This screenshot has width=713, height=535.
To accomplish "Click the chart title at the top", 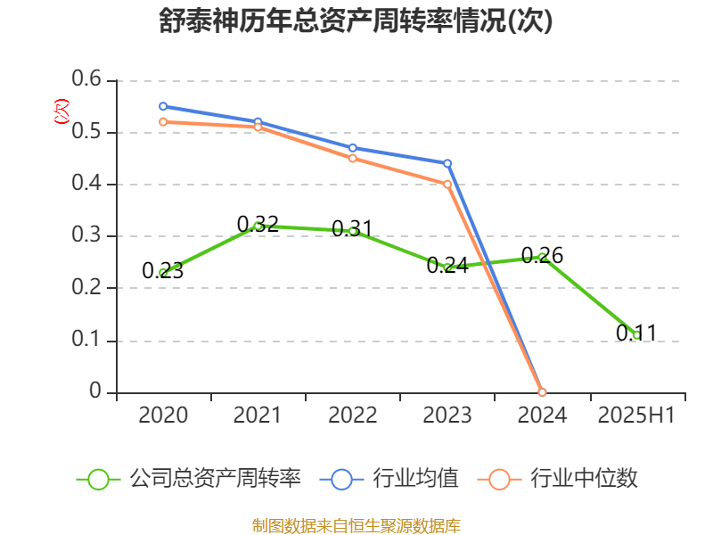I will [x=356, y=21].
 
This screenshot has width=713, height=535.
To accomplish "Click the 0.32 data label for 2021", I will [x=258, y=224].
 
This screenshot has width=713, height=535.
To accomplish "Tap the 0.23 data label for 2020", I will [x=162, y=271].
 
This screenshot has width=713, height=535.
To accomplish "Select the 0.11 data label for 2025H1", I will [x=636, y=333].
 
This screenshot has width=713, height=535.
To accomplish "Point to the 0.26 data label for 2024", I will [x=542, y=256].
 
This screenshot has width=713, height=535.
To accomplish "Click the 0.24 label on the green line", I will [x=447, y=266].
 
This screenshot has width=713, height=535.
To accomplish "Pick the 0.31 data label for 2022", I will [x=352, y=228].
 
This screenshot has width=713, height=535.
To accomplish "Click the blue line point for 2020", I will [x=163, y=106].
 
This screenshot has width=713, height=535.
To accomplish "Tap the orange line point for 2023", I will [x=447, y=185].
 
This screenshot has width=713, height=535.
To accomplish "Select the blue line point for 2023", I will [x=447, y=163].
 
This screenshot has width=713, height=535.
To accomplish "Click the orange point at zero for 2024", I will [x=542, y=392].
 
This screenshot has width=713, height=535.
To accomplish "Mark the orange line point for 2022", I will [x=352, y=159].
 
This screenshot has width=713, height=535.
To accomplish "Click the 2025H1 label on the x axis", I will [x=636, y=416].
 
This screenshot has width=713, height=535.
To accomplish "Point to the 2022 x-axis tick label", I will [x=352, y=416].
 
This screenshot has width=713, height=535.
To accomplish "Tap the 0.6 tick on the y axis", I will [x=87, y=81].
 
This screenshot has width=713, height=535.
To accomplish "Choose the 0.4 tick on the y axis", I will [x=87, y=185].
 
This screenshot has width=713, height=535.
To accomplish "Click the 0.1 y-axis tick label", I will [x=87, y=341].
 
